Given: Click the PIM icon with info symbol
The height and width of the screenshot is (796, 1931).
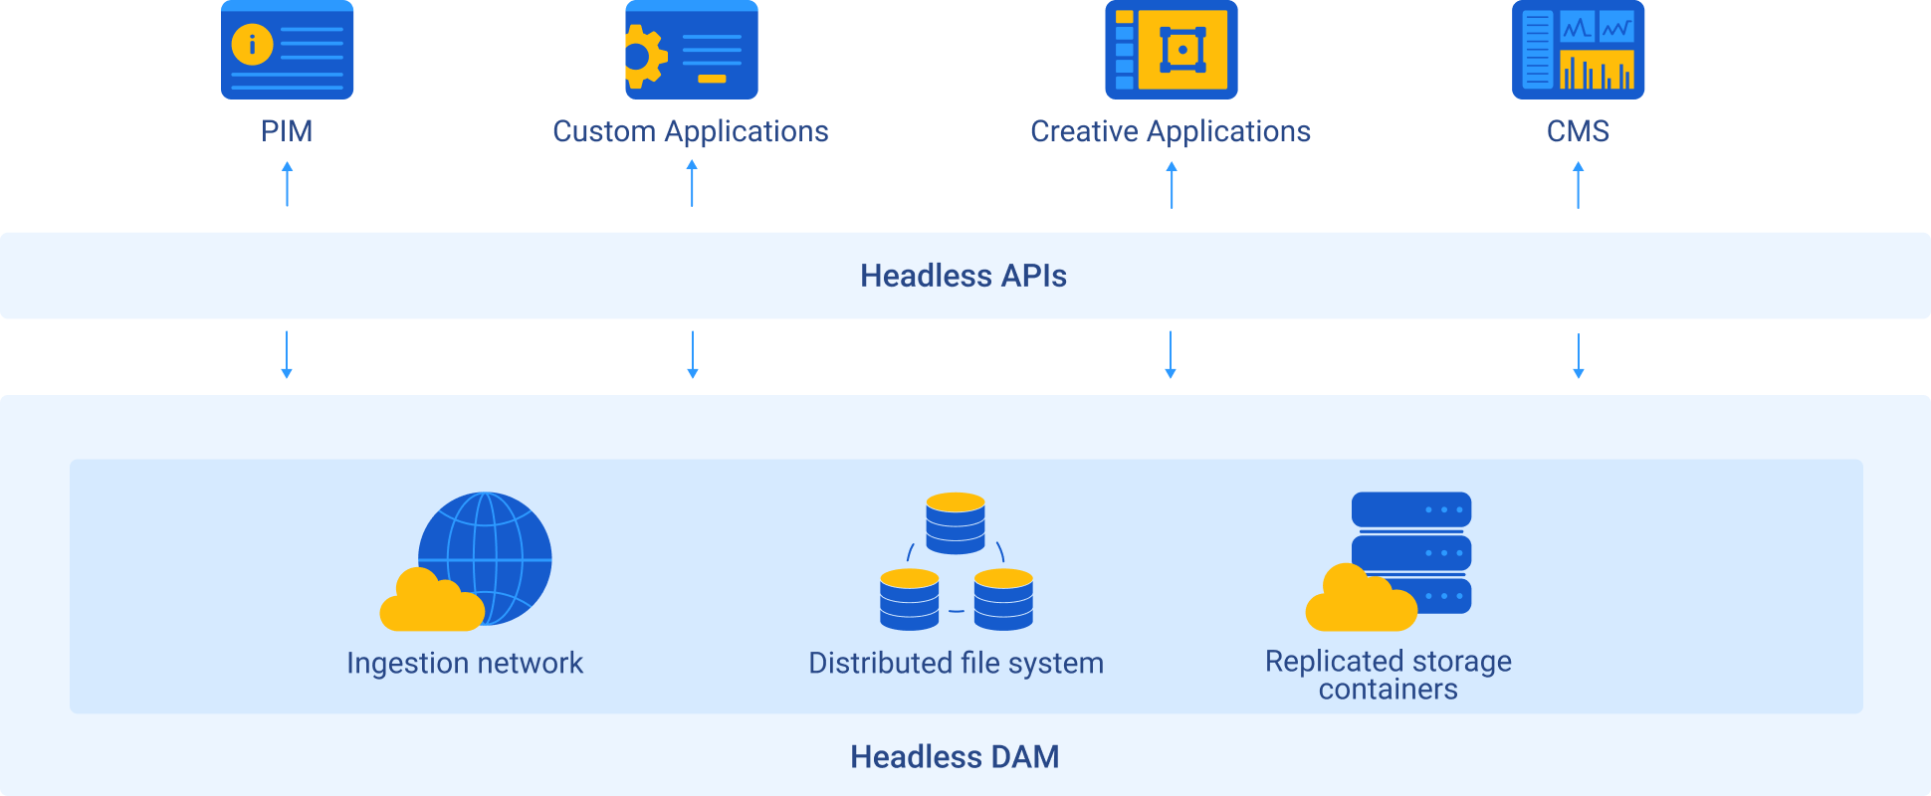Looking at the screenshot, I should coord(287,50).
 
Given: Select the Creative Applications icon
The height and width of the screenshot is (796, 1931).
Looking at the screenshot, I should coord(1171,50).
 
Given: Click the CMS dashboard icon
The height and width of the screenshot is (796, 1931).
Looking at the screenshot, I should coord(1578,50).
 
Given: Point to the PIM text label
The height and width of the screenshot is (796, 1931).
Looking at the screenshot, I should coord(287,131).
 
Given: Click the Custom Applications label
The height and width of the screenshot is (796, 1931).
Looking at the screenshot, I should coord(691,131).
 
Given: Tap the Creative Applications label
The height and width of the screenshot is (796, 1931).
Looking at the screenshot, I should coord(1171,131).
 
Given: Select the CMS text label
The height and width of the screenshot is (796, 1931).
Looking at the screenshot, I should coord(1578,131).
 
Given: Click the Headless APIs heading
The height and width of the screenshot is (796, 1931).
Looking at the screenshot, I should coord(964,276).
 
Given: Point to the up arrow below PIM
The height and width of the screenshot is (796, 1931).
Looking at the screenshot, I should coord(287,184).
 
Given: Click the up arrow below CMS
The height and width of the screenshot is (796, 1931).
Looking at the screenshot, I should coord(1578,184).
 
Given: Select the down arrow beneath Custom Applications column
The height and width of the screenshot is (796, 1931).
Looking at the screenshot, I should coord(693,355).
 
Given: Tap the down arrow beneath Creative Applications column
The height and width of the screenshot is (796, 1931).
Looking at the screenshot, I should coord(1171,355).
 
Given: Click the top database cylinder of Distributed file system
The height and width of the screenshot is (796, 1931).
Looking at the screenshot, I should coord(956,522).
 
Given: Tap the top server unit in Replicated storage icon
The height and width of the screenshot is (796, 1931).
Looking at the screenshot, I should coord(1410,509).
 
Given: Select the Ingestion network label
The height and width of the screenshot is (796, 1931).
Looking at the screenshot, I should coord(465,663).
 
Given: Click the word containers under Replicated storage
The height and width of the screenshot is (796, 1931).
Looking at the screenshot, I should coord(1388,690).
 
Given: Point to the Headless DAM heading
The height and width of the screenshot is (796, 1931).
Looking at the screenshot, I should coord(955,757).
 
